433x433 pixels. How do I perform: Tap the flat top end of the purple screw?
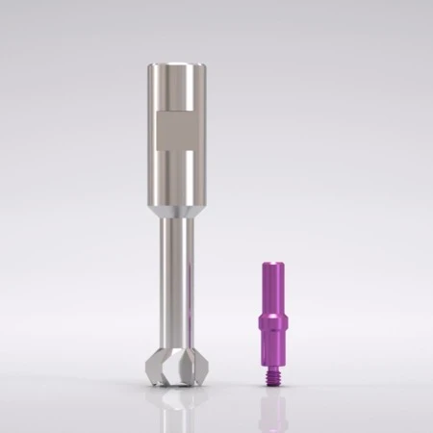point(276,261)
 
